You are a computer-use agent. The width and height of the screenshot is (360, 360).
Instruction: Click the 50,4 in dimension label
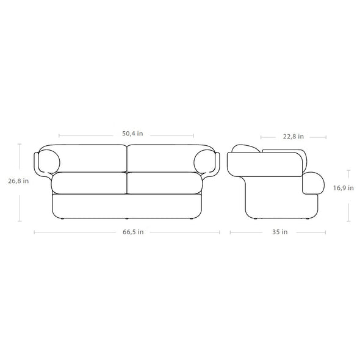(132, 134)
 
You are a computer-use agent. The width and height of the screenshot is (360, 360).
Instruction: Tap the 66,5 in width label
(133, 232)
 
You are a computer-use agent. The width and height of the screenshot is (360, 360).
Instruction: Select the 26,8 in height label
(18, 181)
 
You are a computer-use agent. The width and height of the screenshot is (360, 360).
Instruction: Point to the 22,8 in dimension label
(293, 137)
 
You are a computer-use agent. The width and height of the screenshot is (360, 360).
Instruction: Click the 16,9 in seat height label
(344, 188)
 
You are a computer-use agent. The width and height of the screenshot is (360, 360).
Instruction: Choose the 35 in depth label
(280, 232)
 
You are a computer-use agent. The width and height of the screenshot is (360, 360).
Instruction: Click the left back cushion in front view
(90, 159)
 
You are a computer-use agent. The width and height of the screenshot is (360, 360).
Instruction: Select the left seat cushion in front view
(89, 183)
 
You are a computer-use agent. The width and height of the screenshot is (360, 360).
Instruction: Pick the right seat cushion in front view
(165, 183)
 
